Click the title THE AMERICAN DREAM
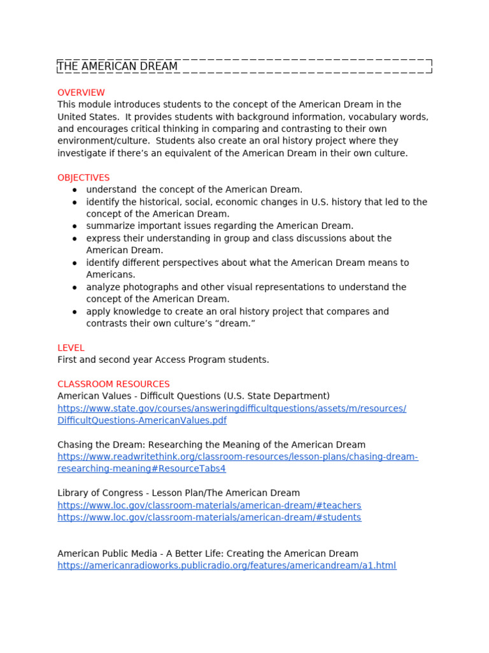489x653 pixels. [118, 66]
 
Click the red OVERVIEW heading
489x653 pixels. [81, 92]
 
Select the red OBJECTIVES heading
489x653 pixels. [83, 178]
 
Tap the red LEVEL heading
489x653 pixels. [71, 348]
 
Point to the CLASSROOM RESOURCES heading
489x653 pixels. [113, 384]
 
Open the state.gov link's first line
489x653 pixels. [232, 408]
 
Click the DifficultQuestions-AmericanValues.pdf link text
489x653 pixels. [142, 420]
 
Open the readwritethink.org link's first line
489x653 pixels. [237, 457]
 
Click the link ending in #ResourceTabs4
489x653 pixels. [141, 469]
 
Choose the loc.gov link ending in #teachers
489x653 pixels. [209, 505]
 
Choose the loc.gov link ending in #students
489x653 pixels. [209, 517]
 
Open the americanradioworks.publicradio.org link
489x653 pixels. [227, 566]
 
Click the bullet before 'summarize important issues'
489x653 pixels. [74, 226]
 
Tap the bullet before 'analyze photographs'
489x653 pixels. [74, 288]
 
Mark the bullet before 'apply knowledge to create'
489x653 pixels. [74, 312]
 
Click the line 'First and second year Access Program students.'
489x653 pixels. [163, 360]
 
